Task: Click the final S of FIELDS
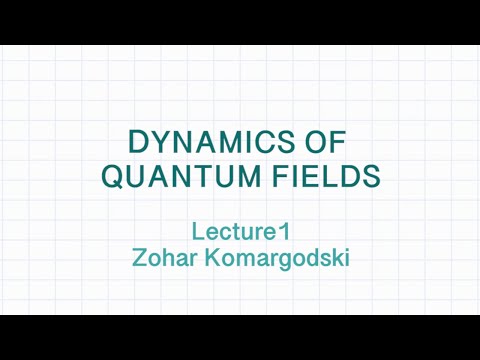point(370,177)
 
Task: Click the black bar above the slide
point(240,20)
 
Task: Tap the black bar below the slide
point(240,338)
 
